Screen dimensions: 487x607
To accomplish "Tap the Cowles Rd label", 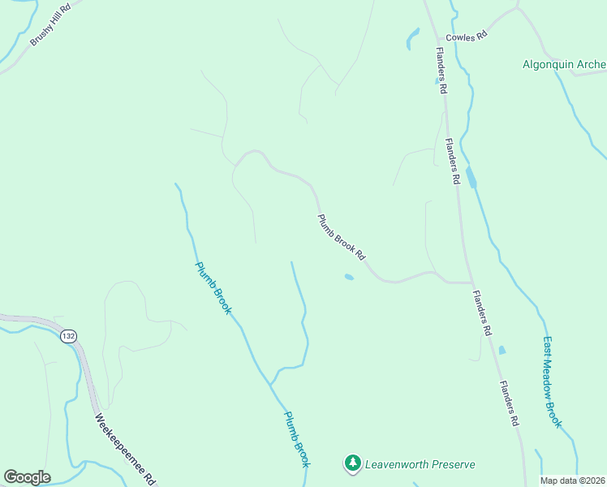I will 465,37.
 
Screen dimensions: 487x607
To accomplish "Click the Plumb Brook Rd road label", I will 341,236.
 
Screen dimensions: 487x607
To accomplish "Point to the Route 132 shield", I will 69,336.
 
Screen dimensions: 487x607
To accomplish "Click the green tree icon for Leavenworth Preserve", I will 352,463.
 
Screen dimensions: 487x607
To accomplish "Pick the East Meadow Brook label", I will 553,381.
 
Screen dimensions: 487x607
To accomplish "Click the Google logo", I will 27,477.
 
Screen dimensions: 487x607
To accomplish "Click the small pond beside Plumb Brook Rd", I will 349,278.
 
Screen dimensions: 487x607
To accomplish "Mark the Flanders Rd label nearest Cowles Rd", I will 441,71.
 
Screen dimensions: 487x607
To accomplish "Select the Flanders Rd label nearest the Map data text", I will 509,403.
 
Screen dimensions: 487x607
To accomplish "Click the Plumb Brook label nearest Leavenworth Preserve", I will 296,438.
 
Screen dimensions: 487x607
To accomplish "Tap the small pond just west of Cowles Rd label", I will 412,37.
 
